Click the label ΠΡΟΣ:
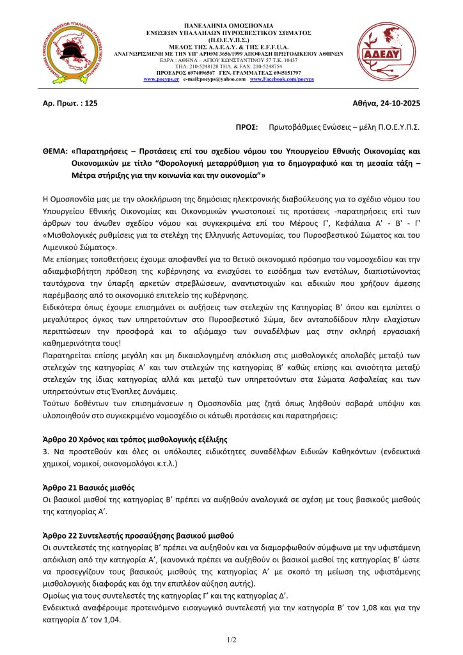[x=247, y=127]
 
